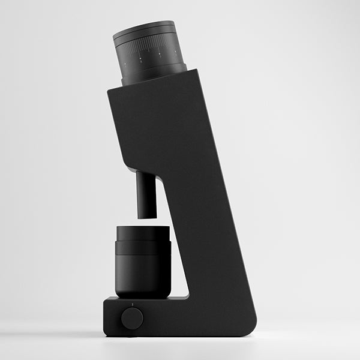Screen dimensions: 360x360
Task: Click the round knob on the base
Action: [132, 318]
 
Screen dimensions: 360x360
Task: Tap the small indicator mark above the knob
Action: [133, 305]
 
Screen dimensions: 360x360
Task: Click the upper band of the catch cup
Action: [142, 233]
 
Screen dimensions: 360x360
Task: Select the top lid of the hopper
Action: [144, 27]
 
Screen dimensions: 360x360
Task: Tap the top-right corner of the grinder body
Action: [196, 71]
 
